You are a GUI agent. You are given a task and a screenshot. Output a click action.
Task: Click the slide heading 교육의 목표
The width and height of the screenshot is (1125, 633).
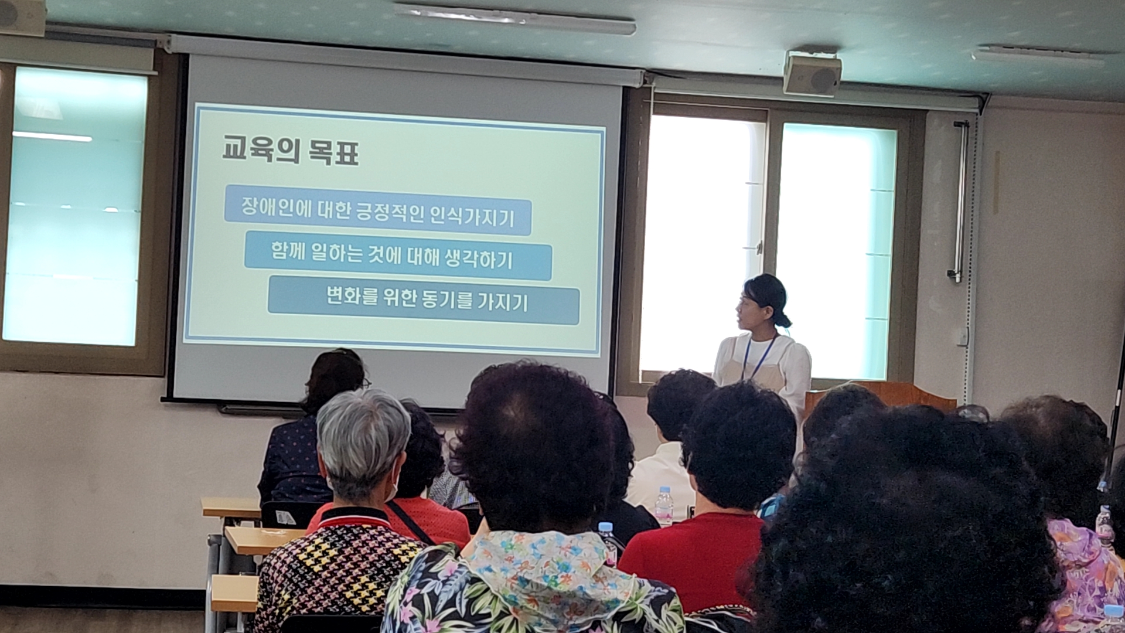[290, 151]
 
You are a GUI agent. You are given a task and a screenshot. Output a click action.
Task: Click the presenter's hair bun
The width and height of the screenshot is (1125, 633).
[782, 320]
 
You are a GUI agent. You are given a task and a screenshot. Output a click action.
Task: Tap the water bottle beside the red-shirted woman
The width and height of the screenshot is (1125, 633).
[663, 505]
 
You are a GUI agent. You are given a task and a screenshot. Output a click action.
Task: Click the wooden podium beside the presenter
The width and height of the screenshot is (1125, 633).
[879, 396]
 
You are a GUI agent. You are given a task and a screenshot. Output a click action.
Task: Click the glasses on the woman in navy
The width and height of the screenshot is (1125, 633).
[365, 384]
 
